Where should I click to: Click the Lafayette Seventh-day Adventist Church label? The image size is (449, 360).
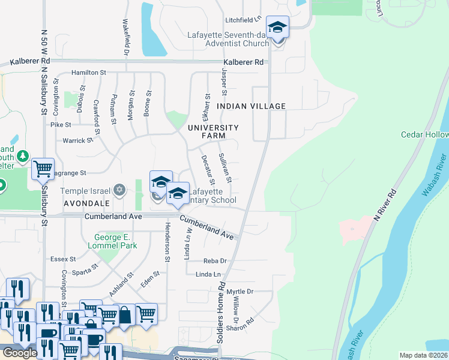(x=228, y=39)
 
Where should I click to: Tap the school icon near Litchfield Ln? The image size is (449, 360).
(x=277, y=28)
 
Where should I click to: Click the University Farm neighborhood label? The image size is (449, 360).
(x=213, y=132)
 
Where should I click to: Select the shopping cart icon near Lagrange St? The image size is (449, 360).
(x=43, y=170)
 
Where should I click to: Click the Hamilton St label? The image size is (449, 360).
(x=88, y=73)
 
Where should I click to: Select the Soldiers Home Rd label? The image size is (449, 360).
(x=221, y=310)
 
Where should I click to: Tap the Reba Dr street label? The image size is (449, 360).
(x=215, y=261)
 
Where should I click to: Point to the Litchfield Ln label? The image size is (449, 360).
(x=244, y=20)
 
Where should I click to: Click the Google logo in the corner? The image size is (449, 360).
(x=20, y=353)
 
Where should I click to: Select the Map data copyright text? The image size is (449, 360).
(x=424, y=355)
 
